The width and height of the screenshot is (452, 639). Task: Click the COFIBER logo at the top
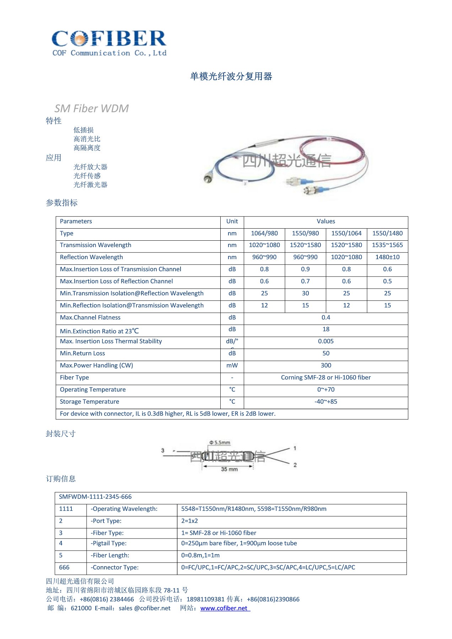(x=109, y=43)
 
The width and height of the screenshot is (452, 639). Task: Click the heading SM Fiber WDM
(x=91, y=108)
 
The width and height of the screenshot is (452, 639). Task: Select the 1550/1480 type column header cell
(x=387, y=233)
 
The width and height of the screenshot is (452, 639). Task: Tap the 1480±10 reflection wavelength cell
(x=387, y=257)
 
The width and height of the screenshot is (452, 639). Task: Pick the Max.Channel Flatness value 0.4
(x=325, y=317)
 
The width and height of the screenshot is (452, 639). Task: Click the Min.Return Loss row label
(x=82, y=353)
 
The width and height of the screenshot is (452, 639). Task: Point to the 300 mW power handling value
(x=325, y=365)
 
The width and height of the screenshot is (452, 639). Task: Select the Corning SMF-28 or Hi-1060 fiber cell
(x=325, y=377)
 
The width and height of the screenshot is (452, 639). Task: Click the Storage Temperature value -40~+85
(x=325, y=402)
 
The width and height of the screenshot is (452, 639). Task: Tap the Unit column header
(x=232, y=221)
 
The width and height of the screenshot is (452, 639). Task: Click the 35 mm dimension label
(x=229, y=469)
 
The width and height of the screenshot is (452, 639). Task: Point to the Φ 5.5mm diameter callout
(x=220, y=443)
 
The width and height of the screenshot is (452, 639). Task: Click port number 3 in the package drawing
(x=163, y=450)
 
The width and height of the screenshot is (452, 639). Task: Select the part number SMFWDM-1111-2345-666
(x=95, y=497)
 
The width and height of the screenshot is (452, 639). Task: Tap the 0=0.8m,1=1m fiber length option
(x=200, y=555)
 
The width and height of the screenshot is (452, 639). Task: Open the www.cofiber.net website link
(x=224, y=608)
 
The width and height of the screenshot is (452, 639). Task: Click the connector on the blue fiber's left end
(x=207, y=178)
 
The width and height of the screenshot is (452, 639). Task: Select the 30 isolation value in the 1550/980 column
(x=305, y=293)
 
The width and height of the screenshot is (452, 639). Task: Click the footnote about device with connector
(x=167, y=414)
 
